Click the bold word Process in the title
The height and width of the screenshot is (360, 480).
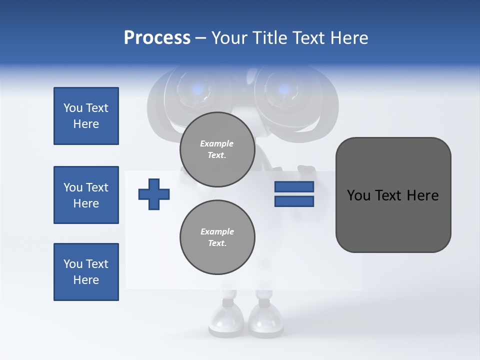tap(157, 38)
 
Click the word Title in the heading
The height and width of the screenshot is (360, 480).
tap(268, 38)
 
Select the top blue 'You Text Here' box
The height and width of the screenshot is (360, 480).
tap(86, 116)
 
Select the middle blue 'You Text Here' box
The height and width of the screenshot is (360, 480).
tap(86, 195)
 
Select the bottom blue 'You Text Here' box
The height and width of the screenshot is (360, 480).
tap(86, 272)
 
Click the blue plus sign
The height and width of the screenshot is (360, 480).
tap(154, 193)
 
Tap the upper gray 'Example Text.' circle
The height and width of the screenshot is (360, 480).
tap(217, 149)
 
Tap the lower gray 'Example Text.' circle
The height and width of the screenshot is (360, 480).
tap(217, 237)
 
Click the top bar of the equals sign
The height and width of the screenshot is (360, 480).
tap(294, 186)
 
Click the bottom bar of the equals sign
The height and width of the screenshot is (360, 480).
tap(294, 201)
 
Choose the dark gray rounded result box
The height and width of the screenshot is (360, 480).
tap(393, 195)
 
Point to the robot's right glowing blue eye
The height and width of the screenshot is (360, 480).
tap(283, 90)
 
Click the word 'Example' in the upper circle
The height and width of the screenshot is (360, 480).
tap(217, 143)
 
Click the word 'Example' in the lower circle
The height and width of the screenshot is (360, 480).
tap(217, 231)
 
